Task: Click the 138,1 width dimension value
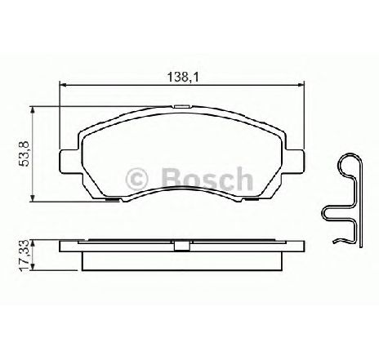[183, 77]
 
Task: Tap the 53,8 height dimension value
[25, 154]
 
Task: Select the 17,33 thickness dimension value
[25, 256]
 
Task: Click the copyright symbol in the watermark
[136, 179]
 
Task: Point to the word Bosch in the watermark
[207, 179]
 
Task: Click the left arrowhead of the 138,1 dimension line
[63, 85]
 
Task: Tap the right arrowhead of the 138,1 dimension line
[301, 85]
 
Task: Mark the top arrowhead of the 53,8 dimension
[33, 109]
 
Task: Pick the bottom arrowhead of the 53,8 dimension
[33, 198]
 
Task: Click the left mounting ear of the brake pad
[69, 161]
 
